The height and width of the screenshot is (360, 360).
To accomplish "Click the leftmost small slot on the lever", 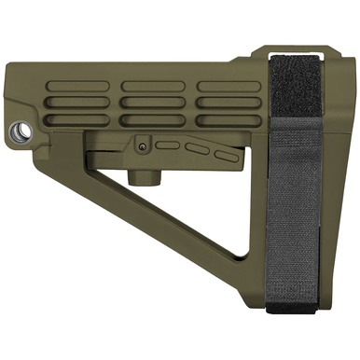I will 168,145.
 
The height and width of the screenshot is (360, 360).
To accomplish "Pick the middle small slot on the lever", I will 196,147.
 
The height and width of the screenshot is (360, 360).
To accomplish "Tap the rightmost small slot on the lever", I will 221,152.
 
